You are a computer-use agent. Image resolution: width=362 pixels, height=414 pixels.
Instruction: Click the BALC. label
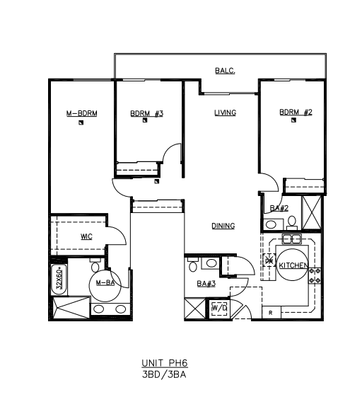coord(225,71)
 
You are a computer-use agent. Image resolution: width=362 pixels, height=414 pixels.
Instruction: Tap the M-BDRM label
coord(81,113)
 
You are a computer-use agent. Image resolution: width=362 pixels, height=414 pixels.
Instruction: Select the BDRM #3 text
coord(146,113)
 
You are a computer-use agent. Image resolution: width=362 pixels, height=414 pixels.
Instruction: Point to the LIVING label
coord(225,113)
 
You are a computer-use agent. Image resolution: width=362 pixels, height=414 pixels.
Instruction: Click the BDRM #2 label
coord(296,113)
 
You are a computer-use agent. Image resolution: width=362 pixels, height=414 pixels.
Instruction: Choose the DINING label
coord(223,226)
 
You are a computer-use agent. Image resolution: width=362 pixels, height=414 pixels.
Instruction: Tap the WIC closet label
coord(86,236)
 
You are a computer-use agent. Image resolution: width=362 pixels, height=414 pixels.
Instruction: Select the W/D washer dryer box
coord(219,308)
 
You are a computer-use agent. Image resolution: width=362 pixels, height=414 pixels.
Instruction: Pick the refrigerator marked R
coord(271,313)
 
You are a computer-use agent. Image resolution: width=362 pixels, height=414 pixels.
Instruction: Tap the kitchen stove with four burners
coord(315,276)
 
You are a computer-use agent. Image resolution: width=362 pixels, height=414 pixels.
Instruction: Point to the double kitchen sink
coord(291,239)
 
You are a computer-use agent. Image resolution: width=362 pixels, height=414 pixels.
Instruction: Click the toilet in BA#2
coord(292,223)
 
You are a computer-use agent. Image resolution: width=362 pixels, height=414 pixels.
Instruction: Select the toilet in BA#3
coord(193,265)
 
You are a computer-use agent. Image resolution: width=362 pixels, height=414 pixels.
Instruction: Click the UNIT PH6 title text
coord(165,363)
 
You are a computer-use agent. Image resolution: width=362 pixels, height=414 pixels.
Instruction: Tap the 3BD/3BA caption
coord(164,374)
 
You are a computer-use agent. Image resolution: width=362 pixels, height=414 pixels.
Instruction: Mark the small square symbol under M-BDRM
coord(81,122)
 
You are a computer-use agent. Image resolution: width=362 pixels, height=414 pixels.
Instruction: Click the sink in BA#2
coord(271,225)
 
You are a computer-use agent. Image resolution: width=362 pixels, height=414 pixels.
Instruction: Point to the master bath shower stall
coord(72,308)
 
